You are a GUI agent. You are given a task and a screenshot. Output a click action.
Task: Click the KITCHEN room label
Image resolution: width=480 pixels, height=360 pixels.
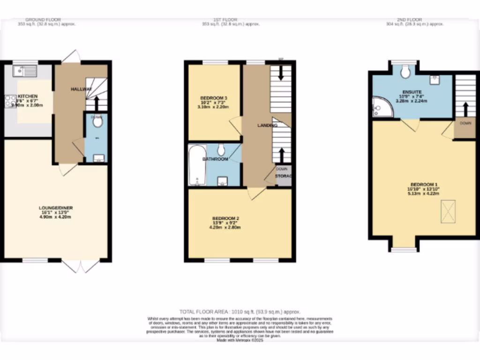point(27,96)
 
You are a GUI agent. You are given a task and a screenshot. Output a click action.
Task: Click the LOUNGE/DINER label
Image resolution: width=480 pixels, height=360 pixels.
point(56,208)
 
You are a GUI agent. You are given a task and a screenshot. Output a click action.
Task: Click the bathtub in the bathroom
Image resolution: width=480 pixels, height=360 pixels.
point(197,165)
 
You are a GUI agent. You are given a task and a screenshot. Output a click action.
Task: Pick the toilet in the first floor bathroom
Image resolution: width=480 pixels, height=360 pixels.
point(222,150)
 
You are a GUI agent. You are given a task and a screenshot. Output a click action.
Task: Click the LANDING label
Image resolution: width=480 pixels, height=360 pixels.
point(268,126)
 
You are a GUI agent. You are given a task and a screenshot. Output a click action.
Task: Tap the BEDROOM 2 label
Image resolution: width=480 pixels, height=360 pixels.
point(226,218)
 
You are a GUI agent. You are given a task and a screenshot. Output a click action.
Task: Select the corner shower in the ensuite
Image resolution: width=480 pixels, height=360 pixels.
point(381,107)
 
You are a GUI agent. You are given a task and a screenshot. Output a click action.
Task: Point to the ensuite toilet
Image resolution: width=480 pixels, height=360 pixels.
point(405,71)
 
